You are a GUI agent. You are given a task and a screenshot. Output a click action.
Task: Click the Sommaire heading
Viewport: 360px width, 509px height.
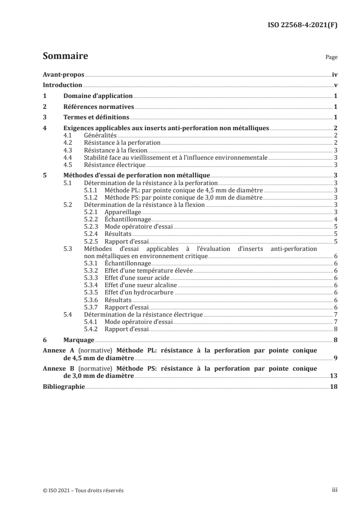(x=65, y=57)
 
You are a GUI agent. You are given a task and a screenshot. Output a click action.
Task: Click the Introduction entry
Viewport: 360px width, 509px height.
(x=62, y=85)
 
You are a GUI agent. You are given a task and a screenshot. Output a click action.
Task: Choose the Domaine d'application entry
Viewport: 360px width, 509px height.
(x=98, y=96)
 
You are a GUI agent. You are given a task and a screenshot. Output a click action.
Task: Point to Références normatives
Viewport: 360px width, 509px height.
(x=98, y=107)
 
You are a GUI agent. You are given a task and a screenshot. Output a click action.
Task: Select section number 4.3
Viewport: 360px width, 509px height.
(x=68, y=150)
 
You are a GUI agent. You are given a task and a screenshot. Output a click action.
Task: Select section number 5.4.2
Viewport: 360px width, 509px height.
(x=93, y=329)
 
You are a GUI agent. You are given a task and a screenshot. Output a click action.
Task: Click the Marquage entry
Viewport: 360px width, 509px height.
(x=79, y=339)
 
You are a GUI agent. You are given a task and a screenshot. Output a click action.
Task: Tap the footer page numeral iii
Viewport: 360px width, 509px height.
(x=334, y=490)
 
